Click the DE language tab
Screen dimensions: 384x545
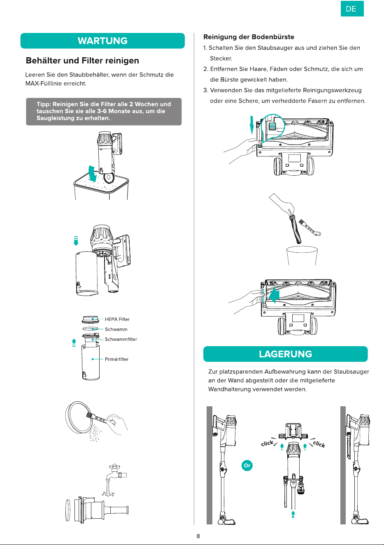(x=352, y=9)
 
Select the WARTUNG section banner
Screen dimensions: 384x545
(x=102, y=41)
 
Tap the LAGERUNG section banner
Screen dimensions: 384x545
(x=285, y=354)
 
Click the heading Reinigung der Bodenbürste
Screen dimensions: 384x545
(x=249, y=37)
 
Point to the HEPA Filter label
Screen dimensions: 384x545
(x=117, y=319)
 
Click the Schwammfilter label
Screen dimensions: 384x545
(x=121, y=339)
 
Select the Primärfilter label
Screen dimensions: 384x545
(x=116, y=359)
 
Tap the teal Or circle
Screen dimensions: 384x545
(x=247, y=466)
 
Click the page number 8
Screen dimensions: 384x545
(x=198, y=536)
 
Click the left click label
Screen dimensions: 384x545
(x=267, y=443)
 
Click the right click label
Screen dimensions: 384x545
(x=319, y=444)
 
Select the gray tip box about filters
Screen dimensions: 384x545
(x=104, y=112)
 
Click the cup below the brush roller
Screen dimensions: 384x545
(x=302, y=256)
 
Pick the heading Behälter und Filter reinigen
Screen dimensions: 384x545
(x=82, y=61)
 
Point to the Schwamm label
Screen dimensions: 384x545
(x=116, y=329)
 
